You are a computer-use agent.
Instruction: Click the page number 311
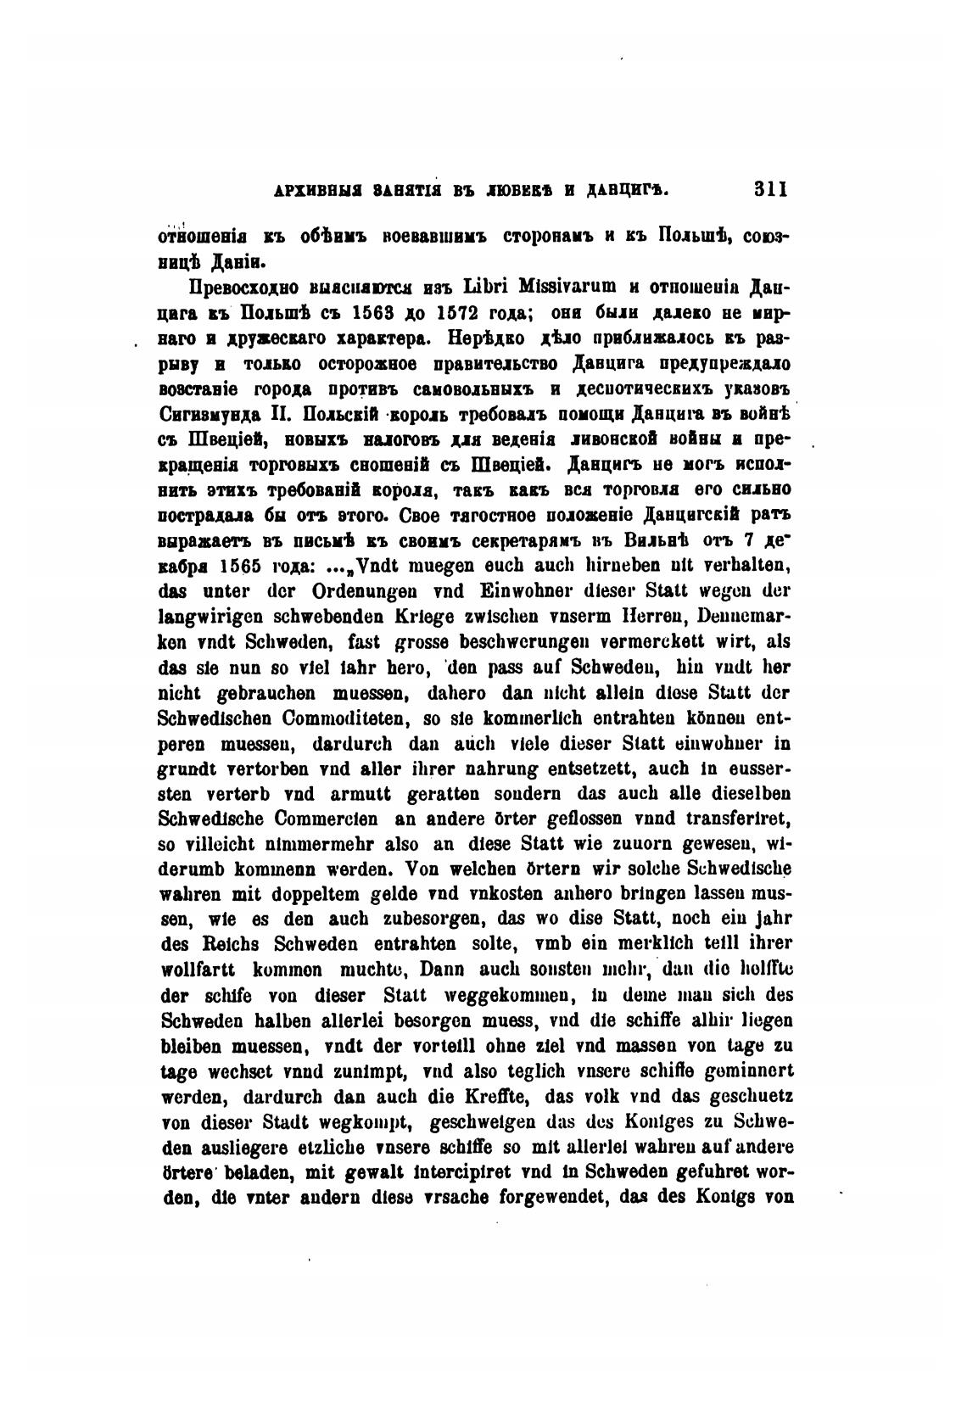(x=771, y=189)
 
